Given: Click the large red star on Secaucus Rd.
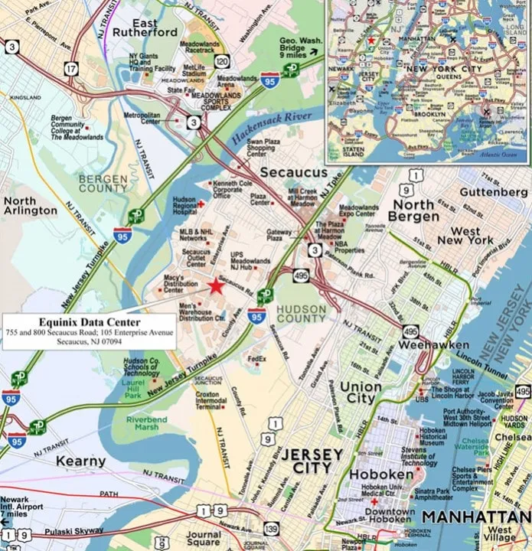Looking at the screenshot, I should click(x=216, y=286).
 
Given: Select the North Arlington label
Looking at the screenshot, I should click(x=31, y=205).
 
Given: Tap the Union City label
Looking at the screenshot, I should click(x=361, y=393).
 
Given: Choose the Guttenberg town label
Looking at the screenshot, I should click(x=490, y=192).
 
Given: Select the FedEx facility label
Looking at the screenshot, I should click(x=257, y=358).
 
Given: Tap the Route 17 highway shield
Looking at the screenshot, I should click(x=70, y=69).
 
